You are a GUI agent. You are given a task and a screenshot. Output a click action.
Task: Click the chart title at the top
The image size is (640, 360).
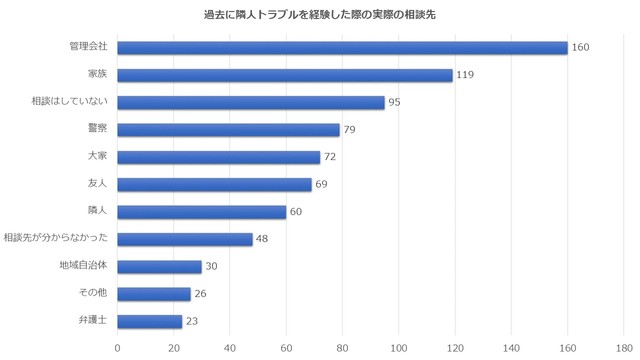click(320, 16)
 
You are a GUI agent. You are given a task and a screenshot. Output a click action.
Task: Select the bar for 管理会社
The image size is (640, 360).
click(342, 48)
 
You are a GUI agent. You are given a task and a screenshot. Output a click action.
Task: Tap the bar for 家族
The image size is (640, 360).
click(285, 75)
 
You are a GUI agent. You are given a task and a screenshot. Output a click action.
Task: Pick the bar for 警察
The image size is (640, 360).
click(229, 130)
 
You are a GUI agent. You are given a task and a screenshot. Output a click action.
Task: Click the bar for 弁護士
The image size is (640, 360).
click(150, 321)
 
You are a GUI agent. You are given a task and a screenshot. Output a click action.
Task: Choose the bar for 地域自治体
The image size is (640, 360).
click(160, 266)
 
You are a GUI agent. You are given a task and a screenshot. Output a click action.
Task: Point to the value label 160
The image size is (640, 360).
click(581, 48)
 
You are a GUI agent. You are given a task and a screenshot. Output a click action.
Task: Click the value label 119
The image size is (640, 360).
click(465, 75)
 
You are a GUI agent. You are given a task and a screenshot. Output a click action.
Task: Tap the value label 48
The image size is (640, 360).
click(263, 239)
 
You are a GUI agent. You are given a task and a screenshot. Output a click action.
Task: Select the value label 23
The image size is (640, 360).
click(193, 321)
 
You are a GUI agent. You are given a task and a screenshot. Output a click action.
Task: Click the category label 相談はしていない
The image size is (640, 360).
click(70, 102)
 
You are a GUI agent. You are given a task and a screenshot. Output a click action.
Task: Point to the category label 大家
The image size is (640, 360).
click(98, 157)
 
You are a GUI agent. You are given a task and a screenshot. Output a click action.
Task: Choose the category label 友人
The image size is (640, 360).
click(98, 184)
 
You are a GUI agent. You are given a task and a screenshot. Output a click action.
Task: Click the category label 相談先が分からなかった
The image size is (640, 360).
click(56, 239)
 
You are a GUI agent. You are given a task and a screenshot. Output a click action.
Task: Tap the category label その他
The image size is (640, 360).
click(93, 293)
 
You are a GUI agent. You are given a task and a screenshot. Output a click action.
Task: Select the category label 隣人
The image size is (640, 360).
click(98, 211)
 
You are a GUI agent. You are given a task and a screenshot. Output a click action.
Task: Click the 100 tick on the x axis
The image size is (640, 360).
click(399, 348)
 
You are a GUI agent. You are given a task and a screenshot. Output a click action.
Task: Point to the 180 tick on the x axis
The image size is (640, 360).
click(624, 348)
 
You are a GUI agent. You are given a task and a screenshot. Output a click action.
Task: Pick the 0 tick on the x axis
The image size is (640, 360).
click(118, 348)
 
